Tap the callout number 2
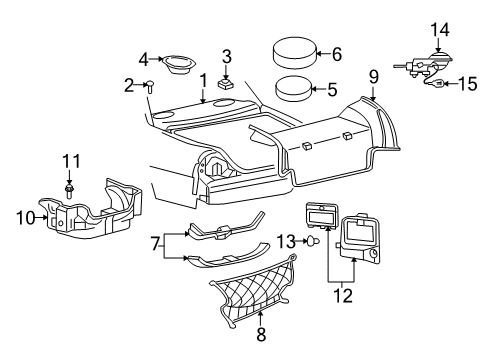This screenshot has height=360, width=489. (129, 85)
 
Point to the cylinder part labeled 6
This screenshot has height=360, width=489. (291, 55)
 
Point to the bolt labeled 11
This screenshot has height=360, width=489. (70, 187)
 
